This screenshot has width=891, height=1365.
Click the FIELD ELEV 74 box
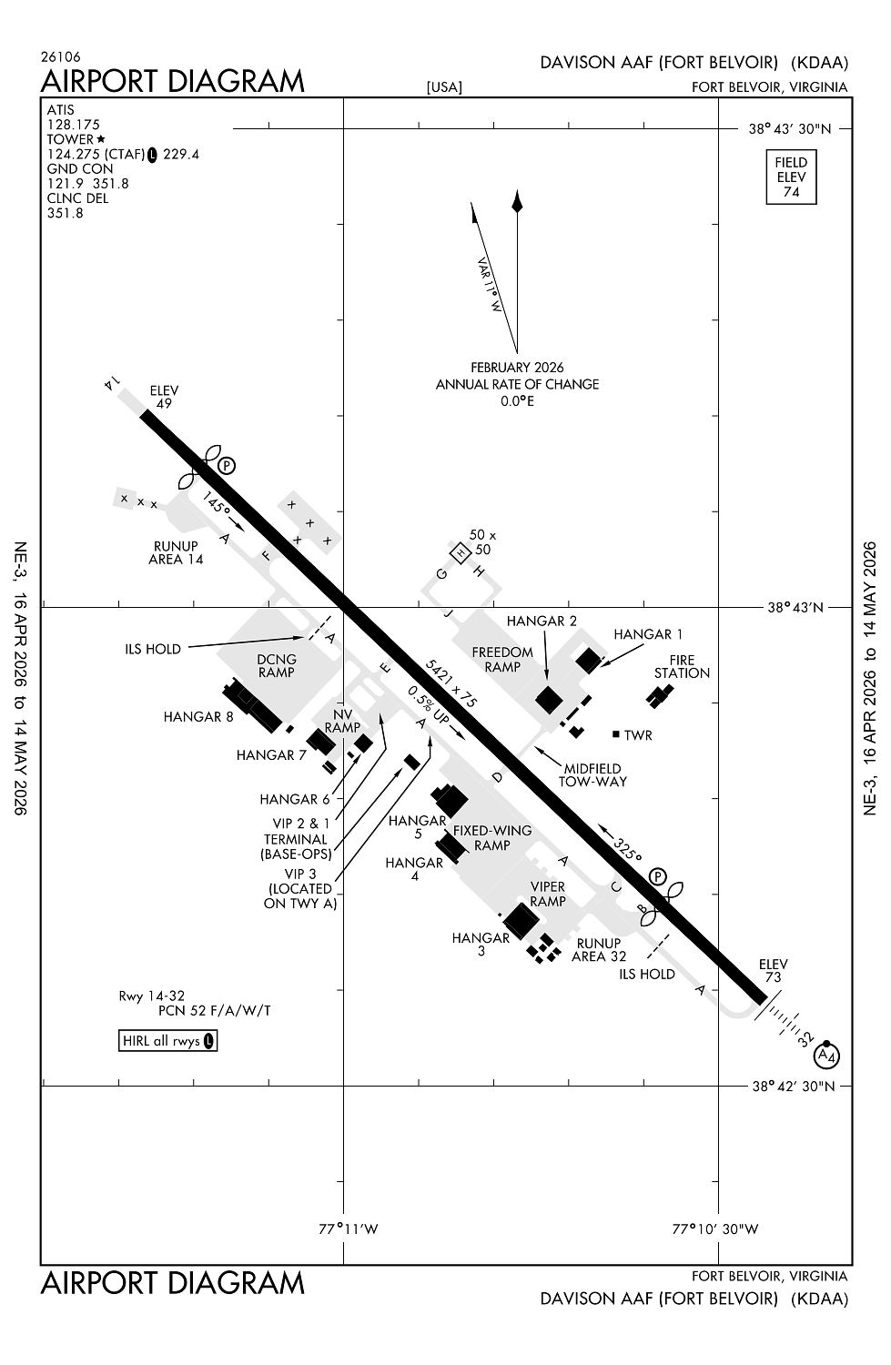pos(791,177)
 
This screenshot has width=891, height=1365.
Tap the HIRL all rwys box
pos(167,1040)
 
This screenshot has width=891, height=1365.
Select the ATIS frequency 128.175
pos(74,125)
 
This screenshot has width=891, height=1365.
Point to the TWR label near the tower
pos(638,735)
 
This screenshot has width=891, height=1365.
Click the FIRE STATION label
pos(682,667)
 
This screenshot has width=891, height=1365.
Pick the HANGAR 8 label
pos(198,717)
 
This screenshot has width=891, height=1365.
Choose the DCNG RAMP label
pos(276,665)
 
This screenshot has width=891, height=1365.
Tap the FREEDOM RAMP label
pos(502,660)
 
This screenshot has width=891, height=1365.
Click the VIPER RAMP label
pos(548,894)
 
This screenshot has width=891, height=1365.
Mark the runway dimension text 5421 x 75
pos(452,683)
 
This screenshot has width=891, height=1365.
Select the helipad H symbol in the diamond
pos(461,552)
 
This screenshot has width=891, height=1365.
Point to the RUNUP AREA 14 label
pos(176,552)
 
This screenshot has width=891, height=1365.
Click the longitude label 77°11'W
pos(349,1228)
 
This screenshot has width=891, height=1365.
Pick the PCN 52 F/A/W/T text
pos(215,1010)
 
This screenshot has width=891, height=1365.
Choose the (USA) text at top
pos(444,87)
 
